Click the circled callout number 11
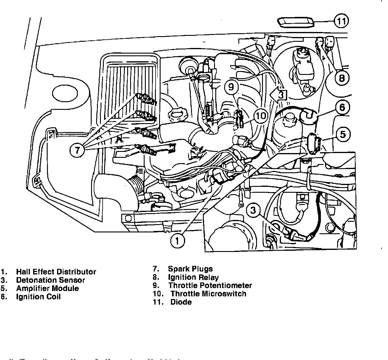pyautogui.click(x=341, y=21)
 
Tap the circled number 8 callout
pyautogui.click(x=342, y=78)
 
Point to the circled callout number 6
pyautogui.click(x=342, y=107)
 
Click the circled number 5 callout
pyautogui.click(x=342, y=134)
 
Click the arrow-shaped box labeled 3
pyautogui.click(x=279, y=95)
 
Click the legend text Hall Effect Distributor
pyautogui.click(x=56, y=272)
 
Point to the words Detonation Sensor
pyautogui.click(x=51, y=280)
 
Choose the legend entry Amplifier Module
pyautogui.click(x=47, y=288)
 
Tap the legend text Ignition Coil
pyautogui.click(x=38, y=297)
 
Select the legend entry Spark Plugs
pyautogui.click(x=190, y=269)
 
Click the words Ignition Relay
pyautogui.click(x=193, y=277)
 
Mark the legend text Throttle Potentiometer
pyautogui.click(x=210, y=286)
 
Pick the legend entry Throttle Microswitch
pyautogui.click(x=208, y=294)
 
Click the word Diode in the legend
pyautogui.click(x=181, y=302)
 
